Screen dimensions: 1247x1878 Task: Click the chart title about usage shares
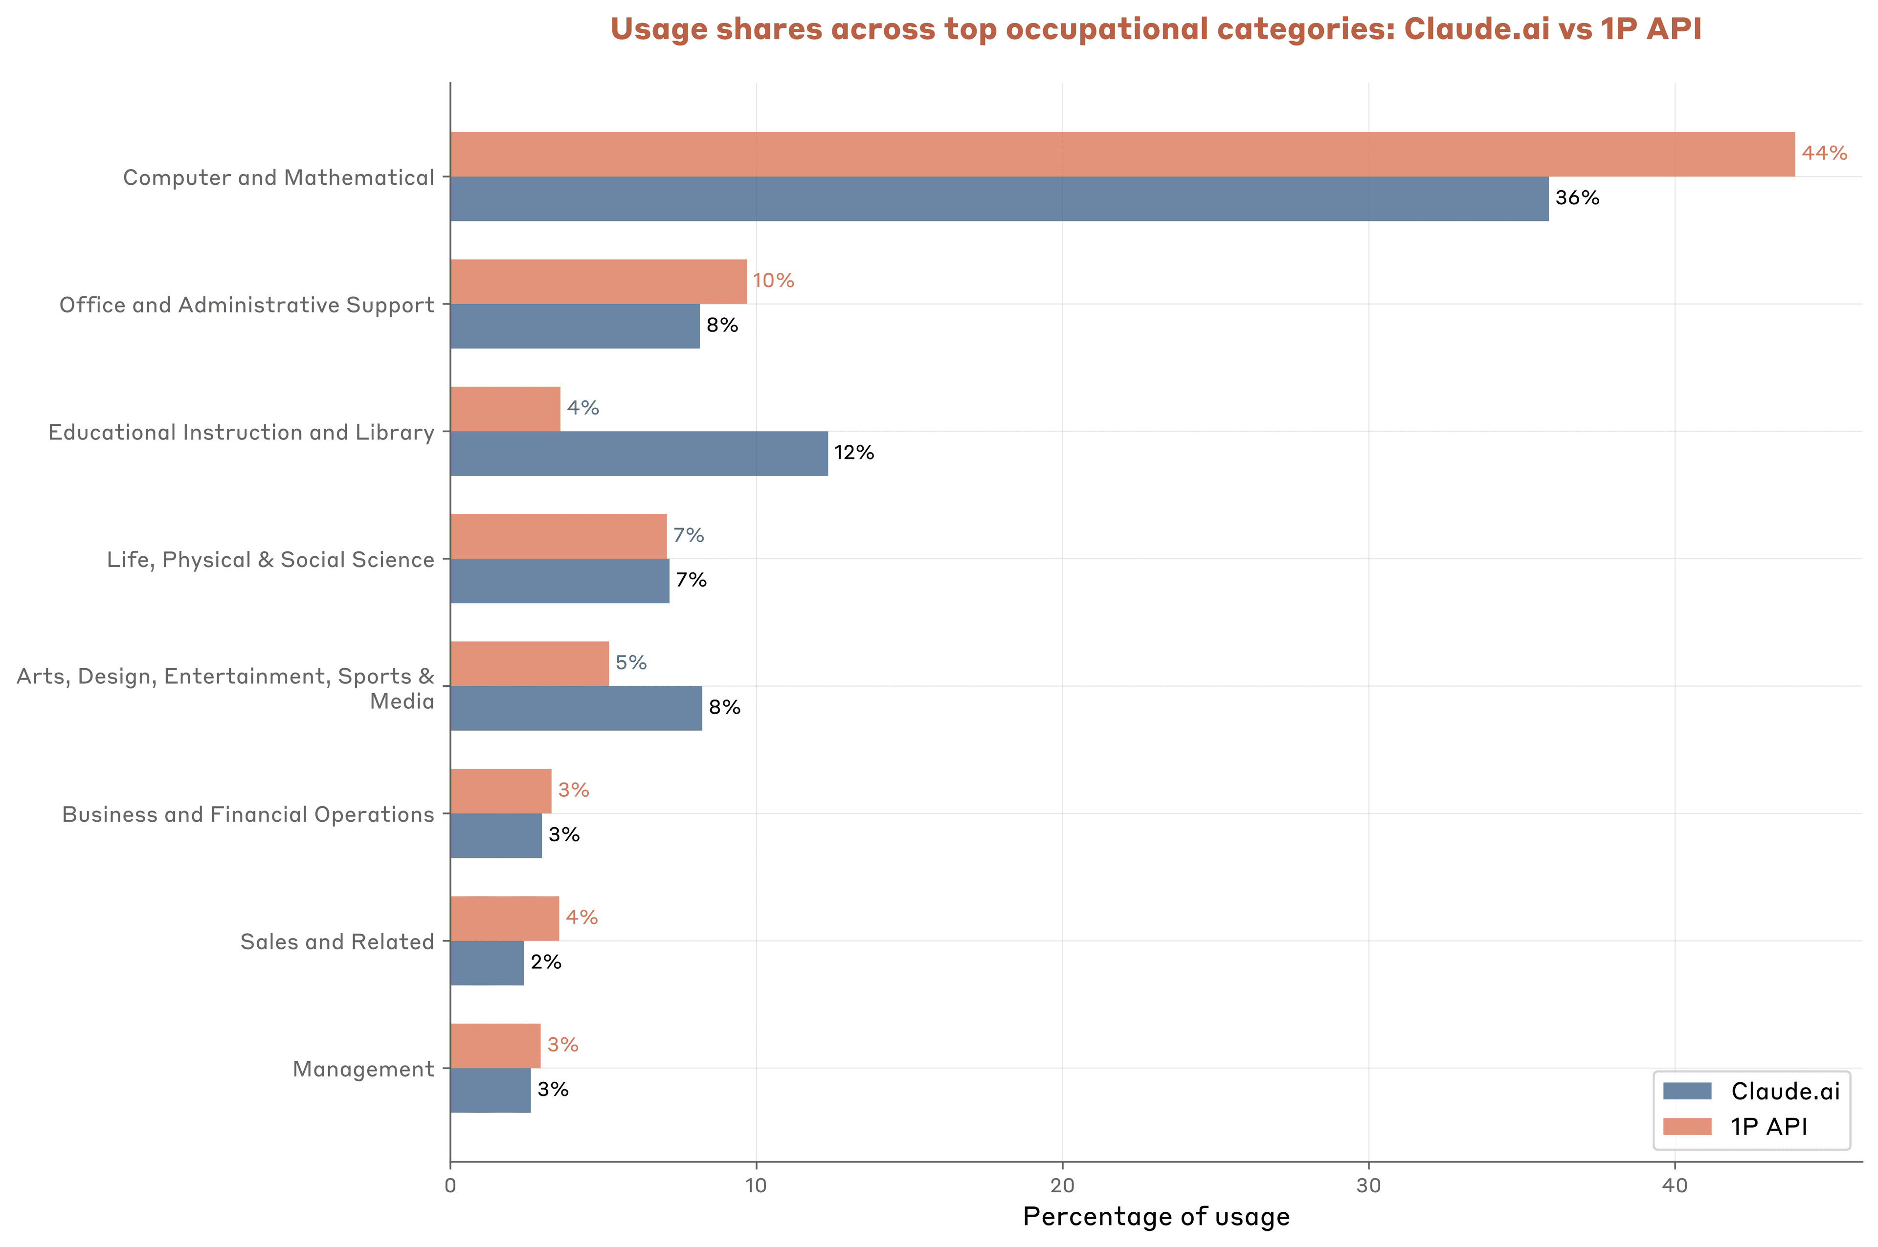(1155, 29)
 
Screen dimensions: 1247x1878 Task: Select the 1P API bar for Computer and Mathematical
(1121, 154)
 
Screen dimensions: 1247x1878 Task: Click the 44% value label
(1824, 153)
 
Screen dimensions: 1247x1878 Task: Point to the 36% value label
(1577, 198)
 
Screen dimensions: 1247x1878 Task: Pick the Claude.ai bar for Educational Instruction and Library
(639, 453)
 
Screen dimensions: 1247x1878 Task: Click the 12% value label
(853, 453)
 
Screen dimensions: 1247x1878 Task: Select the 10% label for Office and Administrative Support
(773, 281)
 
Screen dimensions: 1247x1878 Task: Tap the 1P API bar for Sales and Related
(504, 919)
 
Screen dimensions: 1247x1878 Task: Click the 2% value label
(546, 963)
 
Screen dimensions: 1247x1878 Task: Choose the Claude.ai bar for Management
(490, 1090)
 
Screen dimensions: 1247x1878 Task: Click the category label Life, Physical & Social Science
(270, 560)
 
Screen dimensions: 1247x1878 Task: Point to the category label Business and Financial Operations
(248, 814)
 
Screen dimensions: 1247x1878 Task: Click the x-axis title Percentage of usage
(1156, 1217)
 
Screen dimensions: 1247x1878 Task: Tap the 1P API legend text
(1769, 1127)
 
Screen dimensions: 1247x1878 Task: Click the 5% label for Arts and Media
(631, 662)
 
